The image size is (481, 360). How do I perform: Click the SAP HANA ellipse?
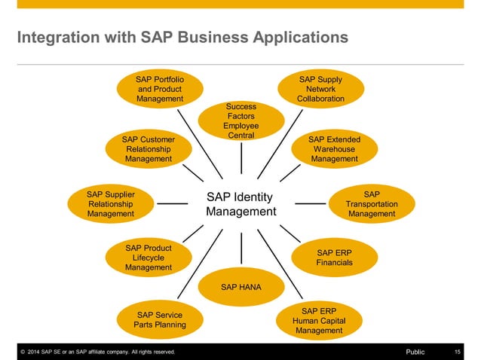pos(240,287)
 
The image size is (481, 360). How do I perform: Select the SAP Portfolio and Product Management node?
pos(160,89)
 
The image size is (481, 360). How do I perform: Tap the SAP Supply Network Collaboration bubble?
pos(320,89)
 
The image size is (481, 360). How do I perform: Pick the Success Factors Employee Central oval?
pos(240,121)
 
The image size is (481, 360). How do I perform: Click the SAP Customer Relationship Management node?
pos(149,149)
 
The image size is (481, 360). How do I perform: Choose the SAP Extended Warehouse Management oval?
pos(334,149)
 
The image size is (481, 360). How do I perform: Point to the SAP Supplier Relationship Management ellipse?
pos(111,204)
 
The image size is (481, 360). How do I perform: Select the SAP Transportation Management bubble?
pos(372,204)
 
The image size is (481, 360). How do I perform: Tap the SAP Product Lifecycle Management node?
pos(149,258)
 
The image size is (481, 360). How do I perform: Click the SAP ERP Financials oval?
pos(334,258)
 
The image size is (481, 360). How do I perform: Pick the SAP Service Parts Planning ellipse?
pos(159,319)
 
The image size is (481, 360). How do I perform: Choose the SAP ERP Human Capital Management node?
pos(320,320)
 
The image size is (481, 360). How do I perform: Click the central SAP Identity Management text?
pos(240,204)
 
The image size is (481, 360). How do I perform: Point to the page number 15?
pos(458,352)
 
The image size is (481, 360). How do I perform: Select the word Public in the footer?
pos(415,352)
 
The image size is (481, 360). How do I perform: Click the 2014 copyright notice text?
pos(98,352)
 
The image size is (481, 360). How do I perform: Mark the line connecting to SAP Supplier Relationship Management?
pos(172,203)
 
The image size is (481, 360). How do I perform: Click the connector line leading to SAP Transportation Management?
pos(309,203)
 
